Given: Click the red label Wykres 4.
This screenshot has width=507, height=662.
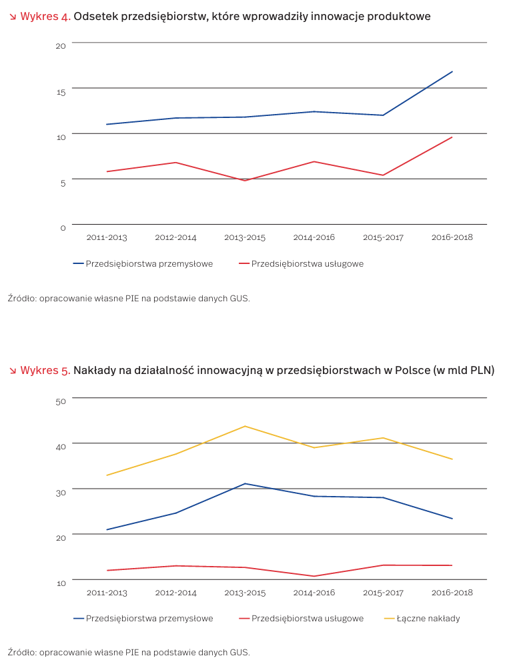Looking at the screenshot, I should (x=45, y=16).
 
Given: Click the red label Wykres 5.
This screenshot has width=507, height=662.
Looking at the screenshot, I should (x=45, y=371).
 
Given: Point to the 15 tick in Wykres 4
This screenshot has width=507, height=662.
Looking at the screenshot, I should (x=60, y=92).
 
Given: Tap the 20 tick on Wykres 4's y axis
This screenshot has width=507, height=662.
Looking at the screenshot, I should (x=60, y=46).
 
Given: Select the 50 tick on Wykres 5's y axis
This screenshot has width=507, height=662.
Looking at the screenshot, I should (x=60, y=401).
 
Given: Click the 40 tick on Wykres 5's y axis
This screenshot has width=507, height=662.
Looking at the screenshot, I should (x=60, y=447).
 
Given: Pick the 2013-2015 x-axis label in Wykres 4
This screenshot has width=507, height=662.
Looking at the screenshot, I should (x=245, y=237).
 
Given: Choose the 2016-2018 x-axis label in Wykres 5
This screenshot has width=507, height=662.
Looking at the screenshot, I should (x=452, y=592).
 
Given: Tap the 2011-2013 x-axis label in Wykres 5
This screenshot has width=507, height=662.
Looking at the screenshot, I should (x=107, y=592).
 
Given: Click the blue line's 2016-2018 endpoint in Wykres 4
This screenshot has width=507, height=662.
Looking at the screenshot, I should (x=452, y=71).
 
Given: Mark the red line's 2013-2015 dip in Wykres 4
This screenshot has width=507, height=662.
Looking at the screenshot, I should (x=245, y=181).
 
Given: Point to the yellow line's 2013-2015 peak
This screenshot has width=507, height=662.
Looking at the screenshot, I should (x=245, y=426).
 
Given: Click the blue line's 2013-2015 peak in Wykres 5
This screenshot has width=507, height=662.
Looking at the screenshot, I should (x=245, y=483).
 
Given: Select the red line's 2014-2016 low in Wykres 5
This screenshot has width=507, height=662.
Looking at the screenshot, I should (x=314, y=576).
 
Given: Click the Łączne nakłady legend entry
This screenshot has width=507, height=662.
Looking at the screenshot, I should (x=432, y=619).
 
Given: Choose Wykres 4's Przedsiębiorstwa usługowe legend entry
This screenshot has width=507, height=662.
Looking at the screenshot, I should (x=307, y=264).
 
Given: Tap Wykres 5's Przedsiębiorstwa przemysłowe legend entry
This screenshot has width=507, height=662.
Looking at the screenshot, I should (x=149, y=619).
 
